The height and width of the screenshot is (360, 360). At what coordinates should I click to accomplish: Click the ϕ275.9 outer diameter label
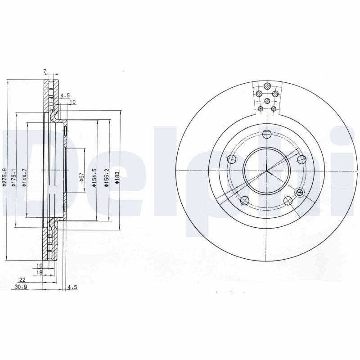click(x=4, y=177)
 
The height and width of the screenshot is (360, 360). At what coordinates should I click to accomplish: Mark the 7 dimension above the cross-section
click(x=45, y=72)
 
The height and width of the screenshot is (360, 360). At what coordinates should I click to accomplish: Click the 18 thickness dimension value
click(x=40, y=272)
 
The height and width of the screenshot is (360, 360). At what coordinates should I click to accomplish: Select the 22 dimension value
click(x=22, y=279)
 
